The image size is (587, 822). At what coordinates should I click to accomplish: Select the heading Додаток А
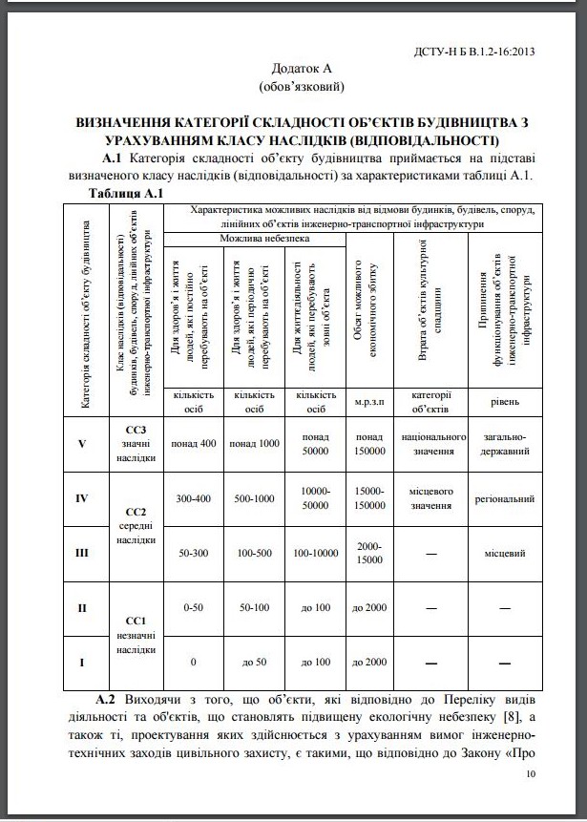[x=302, y=70]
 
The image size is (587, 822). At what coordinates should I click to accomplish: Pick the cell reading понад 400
[x=194, y=443]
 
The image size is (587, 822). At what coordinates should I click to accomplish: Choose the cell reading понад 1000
[x=254, y=443]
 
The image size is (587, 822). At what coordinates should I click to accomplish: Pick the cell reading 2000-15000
[x=368, y=553]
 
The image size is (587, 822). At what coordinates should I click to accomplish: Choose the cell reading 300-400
[x=194, y=498]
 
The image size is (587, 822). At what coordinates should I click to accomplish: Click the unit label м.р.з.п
[x=368, y=402]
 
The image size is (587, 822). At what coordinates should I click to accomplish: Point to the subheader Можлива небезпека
[x=264, y=237]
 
